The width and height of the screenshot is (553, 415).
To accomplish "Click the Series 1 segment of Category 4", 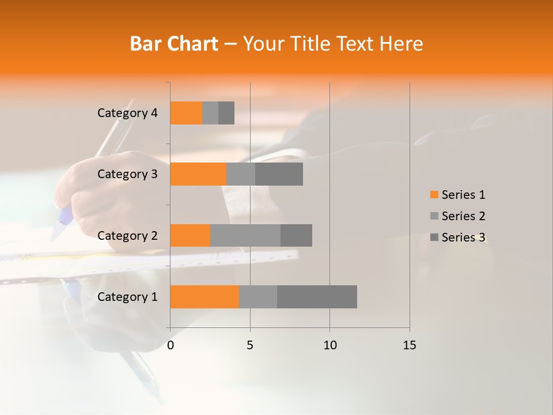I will coord(186,113).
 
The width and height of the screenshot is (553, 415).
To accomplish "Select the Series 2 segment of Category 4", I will coord(210,113).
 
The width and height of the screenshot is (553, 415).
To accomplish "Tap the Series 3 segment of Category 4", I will coord(226,113).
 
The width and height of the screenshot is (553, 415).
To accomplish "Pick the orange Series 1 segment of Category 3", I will coord(198,174).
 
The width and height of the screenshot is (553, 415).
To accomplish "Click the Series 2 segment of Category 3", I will coord(241,174).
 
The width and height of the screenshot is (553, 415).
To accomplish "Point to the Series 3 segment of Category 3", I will coord(279,174).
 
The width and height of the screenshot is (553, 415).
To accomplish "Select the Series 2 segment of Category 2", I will coord(245,235).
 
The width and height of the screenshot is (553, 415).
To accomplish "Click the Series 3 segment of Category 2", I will coord(296,235).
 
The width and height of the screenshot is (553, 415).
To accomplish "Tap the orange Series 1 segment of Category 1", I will coord(204,297).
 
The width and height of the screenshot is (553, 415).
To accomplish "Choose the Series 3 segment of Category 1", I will coord(317,297).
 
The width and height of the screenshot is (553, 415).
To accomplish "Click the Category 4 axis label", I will coord(127,113).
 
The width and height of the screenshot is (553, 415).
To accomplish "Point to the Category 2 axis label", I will coord(127,236).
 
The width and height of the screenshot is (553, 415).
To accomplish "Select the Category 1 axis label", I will coord(127,297).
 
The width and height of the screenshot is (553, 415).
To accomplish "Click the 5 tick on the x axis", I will coord(250,345).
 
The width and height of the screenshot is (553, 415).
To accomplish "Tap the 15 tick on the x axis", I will coord(409,345).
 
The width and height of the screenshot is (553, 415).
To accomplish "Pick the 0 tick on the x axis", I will coord(171,345).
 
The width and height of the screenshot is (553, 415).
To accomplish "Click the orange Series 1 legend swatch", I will coord(434,195).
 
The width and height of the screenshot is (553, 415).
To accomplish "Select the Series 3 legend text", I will coord(463,237).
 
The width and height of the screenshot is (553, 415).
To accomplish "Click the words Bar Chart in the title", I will coord(174,44).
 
